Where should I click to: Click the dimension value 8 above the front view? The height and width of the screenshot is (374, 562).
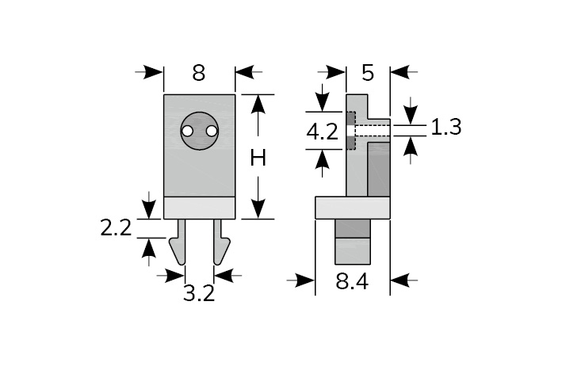(199, 73)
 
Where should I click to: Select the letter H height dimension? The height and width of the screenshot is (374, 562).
(258, 158)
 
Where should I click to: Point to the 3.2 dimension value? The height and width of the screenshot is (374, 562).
(199, 293)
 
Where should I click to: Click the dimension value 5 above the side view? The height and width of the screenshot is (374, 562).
(367, 73)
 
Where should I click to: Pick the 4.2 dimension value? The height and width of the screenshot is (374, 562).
(323, 132)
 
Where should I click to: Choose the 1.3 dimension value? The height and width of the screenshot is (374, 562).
(446, 127)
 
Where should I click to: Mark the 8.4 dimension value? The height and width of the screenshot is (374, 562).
(352, 281)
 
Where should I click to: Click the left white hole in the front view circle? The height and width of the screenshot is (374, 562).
(188, 132)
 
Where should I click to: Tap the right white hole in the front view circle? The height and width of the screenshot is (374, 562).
(211, 132)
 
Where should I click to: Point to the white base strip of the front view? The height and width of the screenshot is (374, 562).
(199, 208)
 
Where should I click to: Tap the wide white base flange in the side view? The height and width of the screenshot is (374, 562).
(353, 208)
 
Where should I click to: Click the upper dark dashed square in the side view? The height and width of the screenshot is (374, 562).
(350, 120)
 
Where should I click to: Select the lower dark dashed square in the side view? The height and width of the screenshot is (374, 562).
(350, 143)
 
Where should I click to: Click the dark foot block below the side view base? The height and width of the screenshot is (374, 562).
(353, 227)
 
